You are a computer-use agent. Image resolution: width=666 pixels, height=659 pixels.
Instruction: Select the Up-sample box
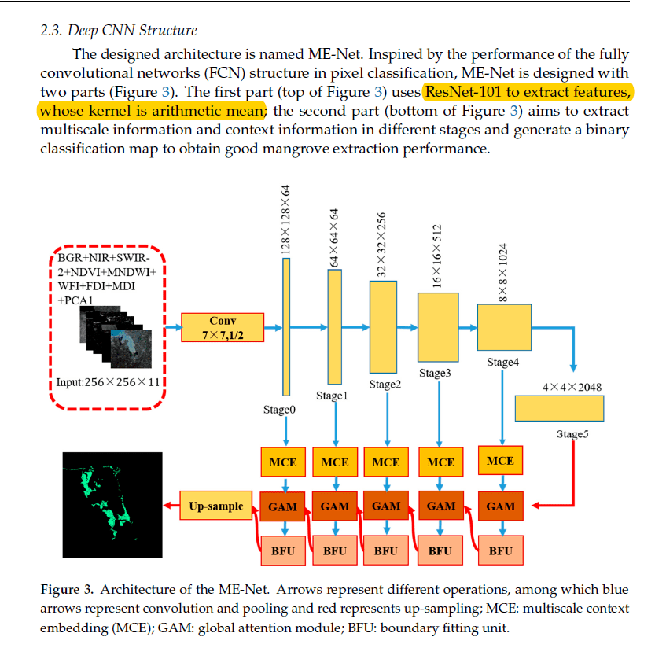click(214, 506)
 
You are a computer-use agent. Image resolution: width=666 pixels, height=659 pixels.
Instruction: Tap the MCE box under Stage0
click(282, 462)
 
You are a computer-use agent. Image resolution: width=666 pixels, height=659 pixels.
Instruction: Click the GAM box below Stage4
click(500, 506)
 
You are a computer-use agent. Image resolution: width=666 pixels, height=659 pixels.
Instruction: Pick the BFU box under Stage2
click(385, 550)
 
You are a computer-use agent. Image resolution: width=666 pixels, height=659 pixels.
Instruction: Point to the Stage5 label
click(572, 434)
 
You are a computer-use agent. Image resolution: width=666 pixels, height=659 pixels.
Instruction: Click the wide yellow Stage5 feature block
click(559, 408)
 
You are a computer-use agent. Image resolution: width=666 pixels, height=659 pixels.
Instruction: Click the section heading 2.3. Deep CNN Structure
click(118, 31)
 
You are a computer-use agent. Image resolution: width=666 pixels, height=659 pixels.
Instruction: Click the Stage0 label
click(279, 409)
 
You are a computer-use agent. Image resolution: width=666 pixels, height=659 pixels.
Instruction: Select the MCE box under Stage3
click(441, 462)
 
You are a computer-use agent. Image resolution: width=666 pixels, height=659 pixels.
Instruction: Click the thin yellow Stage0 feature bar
click(286, 328)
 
